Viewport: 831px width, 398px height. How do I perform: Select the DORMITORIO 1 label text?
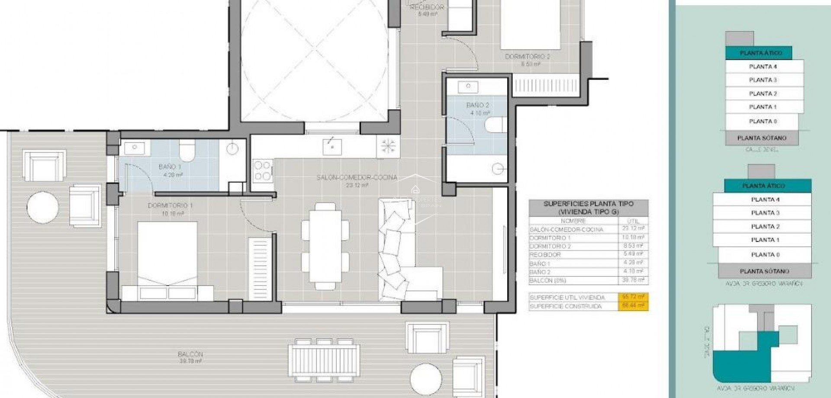[x=170, y=205]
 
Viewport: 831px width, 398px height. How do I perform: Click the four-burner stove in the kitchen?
[x=262, y=170]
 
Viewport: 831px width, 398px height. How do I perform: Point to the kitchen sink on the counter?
[x=332, y=147]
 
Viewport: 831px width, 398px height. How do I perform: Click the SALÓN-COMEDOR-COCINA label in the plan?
[x=357, y=177]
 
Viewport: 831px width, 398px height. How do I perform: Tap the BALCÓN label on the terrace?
[x=190, y=354]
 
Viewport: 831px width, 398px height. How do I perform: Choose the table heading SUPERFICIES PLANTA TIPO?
[x=588, y=204]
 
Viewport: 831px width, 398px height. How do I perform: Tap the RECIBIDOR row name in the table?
[x=545, y=255]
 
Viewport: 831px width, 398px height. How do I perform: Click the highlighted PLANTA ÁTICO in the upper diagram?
[x=760, y=53]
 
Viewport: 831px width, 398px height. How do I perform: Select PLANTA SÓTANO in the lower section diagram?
[x=764, y=271]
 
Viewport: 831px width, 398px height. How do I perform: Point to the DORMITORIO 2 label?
[x=527, y=57]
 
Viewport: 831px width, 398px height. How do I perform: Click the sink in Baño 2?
[x=468, y=86]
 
